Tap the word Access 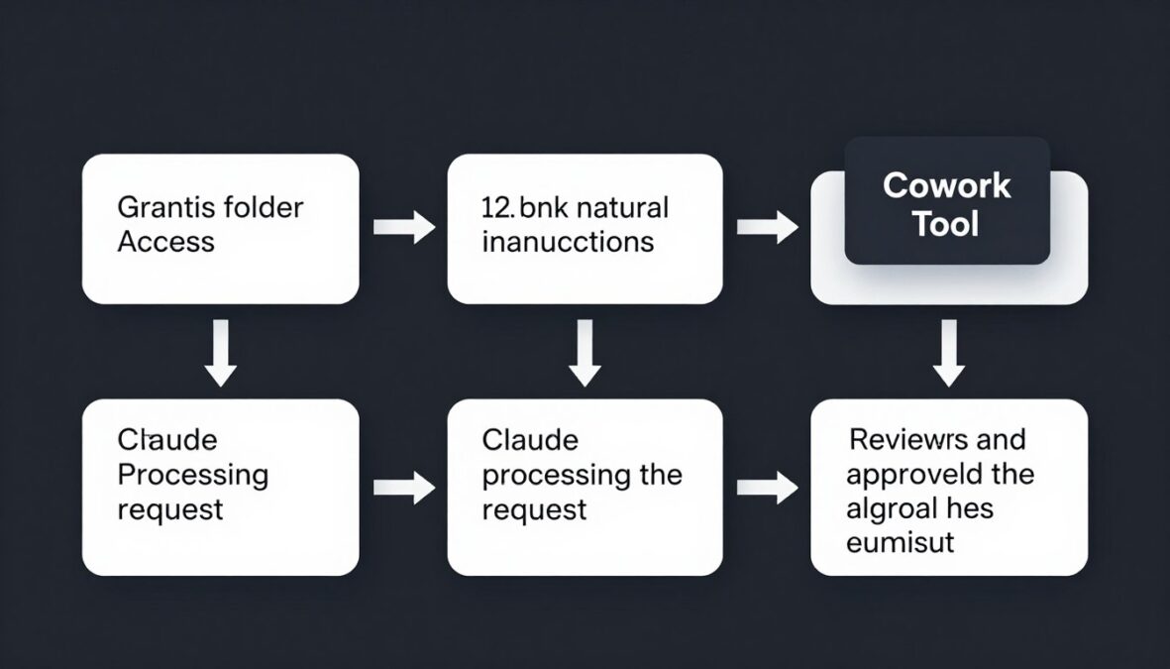(x=165, y=242)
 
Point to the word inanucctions (x=568, y=242)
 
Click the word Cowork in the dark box (x=946, y=185)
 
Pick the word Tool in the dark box (x=946, y=224)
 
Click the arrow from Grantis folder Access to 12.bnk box (x=403, y=227)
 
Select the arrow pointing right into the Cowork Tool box (x=767, y=227)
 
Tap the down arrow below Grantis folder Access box (x=220, y=352)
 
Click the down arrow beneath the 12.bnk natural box (x=585, y=352)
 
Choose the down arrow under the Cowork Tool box (x=949, y=352)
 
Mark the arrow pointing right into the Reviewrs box (x=767, y=487)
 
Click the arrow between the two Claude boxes (x=403, y=487)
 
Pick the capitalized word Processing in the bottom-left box (x=192, y=474)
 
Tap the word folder (x=264, y=208)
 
